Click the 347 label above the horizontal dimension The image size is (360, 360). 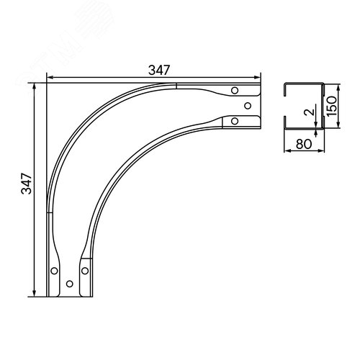coord(159,70)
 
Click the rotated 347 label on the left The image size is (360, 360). coord(27,184)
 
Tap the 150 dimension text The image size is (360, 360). coord(332,106)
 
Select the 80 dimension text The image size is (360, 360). coord(304,144)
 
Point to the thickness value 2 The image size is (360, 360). coord(309,112)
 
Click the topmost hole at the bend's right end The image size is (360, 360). coord(235,91)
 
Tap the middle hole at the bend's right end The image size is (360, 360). coord(248,106)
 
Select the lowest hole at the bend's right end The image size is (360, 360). coord(235,121)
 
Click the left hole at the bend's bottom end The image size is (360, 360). coord(55,271)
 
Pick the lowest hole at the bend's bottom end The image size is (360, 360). coord(70,284)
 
